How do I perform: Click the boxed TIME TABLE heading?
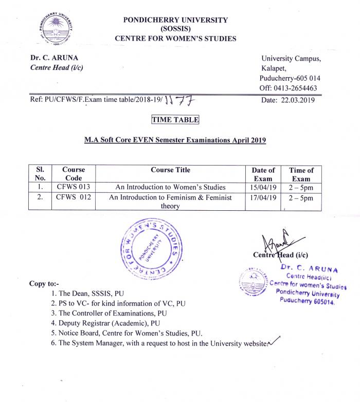[x=175, y=120]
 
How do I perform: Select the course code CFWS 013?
[x=73, y=187]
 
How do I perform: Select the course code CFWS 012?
[x=73, y=197]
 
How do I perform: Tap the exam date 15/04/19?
[x=263, y=187]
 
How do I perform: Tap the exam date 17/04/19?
[x=263, y=197]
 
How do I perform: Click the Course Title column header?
[x=170, y=170]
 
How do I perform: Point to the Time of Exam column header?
[x=301, y=174]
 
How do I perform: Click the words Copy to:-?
[x=44, y=284]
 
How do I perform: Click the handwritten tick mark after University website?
[x=276, y=342]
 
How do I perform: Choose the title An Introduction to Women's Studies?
[x=170, y=187]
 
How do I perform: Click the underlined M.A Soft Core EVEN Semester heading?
[x=175, y=140]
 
